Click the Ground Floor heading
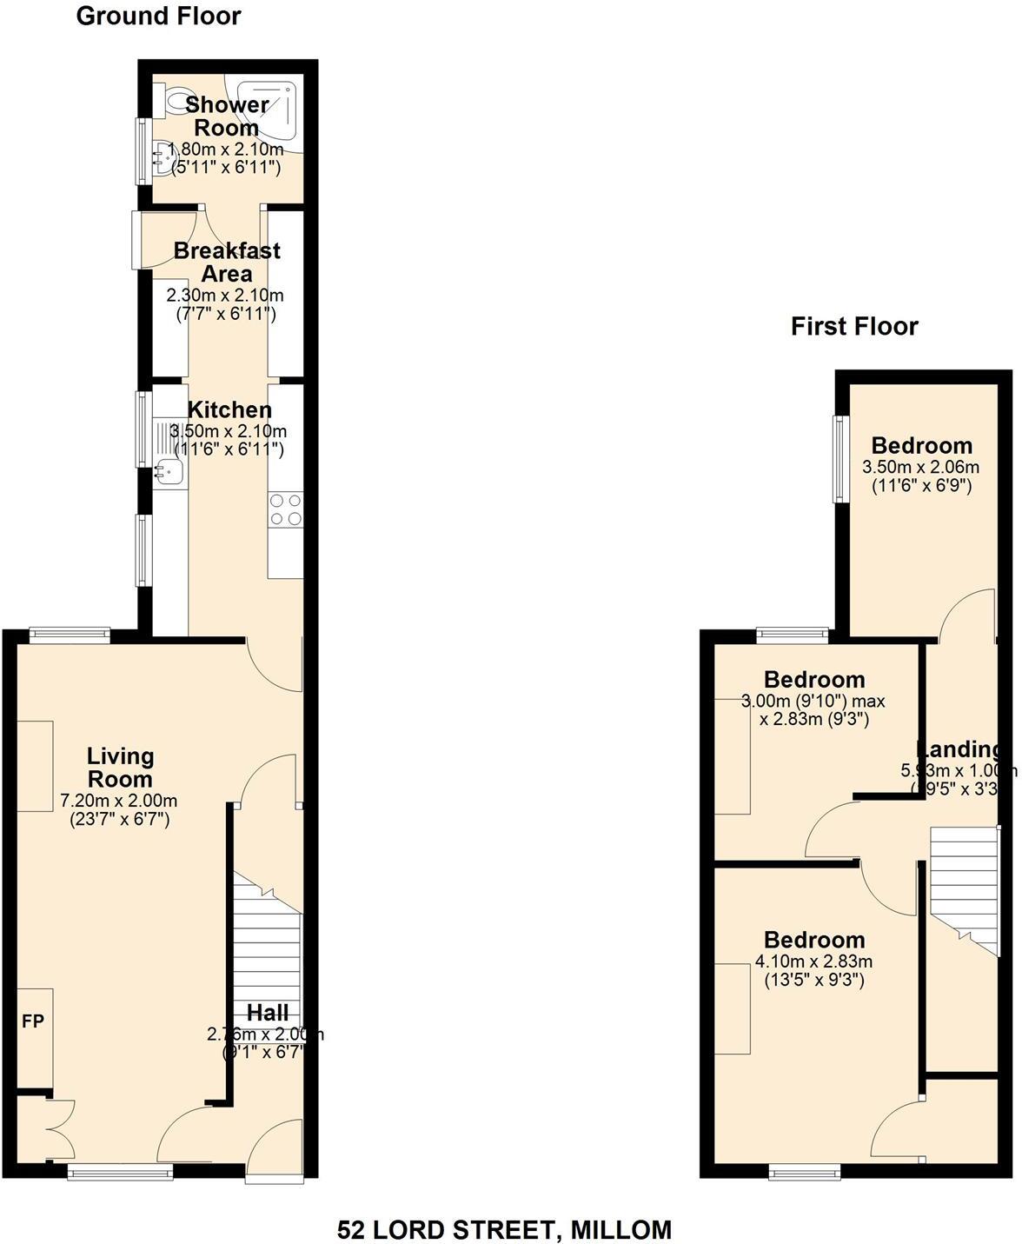tap(158, 16)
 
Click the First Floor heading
tap(853, 326)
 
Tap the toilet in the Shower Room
tap(178, 99)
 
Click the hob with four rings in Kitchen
tap(286, 510)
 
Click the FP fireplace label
tap(33, 1021)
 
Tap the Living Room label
tap(120, 768)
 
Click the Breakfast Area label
tap(227, 262)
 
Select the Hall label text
tap(268, 1012)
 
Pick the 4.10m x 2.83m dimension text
tap(813, 961)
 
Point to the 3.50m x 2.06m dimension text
tap(920, 467)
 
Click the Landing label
tap(959, 749)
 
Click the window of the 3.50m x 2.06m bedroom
tap(839, 458)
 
